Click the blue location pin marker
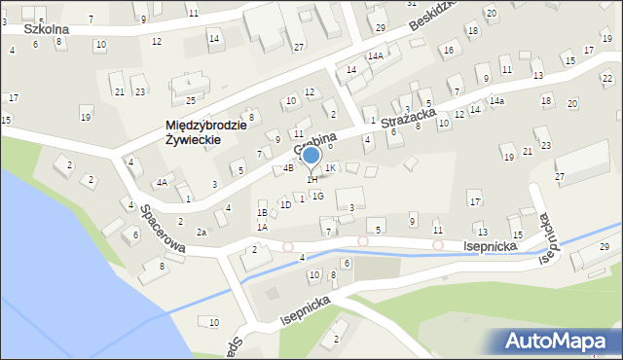tap(311, 156)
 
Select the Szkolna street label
tap(46, 29)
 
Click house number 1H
tap(311, 179)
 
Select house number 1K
tap(330, 168)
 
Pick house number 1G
tap(317, 197)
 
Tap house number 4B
tap(288, 168)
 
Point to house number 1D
tap(285, 204)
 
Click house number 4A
tap(163, 182)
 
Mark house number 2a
tap(202, 232)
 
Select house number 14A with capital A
tap(375, 56)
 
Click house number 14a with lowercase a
tap(496, 101)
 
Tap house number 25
tap(191, 100)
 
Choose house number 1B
tap(262, 212)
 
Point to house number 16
tap(448, 50)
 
